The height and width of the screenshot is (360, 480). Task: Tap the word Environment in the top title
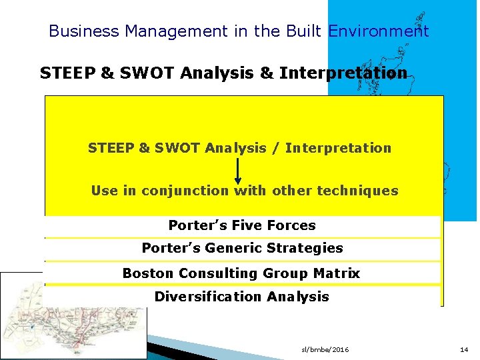click(x=379, y=31)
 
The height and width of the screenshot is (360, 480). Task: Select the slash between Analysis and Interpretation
click(x=276, y=148)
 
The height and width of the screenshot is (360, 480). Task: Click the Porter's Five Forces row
click(x=242, y=225)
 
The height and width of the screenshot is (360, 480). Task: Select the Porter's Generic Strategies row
click(x=242, y=248)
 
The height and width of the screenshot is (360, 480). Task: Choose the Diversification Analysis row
click(x=241, y=297)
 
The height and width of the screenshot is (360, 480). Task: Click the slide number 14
click(x=464, y=349)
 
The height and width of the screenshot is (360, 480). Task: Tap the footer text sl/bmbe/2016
click(x=325, y=349)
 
